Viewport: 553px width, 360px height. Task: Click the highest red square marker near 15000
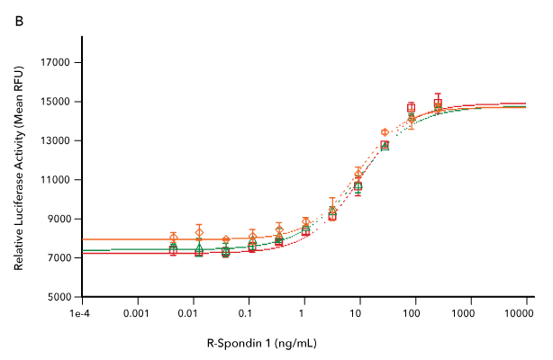[438, 103]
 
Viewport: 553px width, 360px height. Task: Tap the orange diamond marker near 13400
[385, 132]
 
